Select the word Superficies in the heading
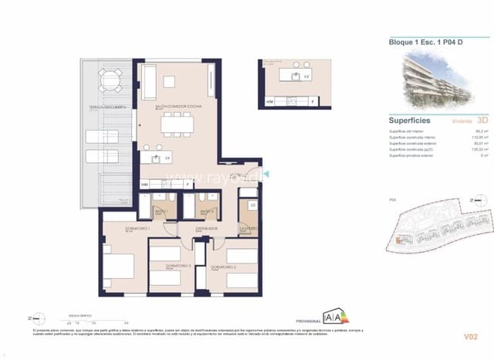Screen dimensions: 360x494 click(x=409, y=121)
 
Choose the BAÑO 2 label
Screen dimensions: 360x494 click(x=207, y=211)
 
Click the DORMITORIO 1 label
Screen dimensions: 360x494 click(x=117, y=228)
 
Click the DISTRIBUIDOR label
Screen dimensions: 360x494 click(x=206, y=228)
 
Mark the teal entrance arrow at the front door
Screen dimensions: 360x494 click(x=262, y=175)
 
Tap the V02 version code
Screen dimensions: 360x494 click(x=472, y=337)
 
